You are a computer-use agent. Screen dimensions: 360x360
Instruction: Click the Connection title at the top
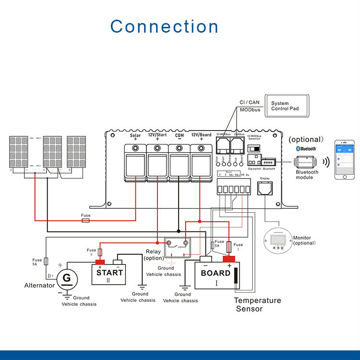point(165,26)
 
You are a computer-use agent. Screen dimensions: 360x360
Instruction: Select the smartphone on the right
point(348,160)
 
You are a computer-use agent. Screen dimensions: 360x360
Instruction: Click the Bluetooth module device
point(307,162)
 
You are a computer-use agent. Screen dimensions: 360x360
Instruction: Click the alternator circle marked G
point(67,278)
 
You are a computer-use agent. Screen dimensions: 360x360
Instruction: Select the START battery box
point(109,273)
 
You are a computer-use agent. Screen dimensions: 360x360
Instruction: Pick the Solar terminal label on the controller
point(135,135)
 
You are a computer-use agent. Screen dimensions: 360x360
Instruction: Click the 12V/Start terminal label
point(157,135)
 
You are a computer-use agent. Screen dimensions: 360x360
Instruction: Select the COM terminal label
point(179,135)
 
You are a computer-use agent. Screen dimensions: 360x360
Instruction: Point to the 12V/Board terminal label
point(202,135)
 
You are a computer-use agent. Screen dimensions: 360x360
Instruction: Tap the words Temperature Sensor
point(257,304)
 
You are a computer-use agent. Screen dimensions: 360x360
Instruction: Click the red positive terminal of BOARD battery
point(229,260)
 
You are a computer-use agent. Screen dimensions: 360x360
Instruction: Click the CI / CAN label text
point(250,102)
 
